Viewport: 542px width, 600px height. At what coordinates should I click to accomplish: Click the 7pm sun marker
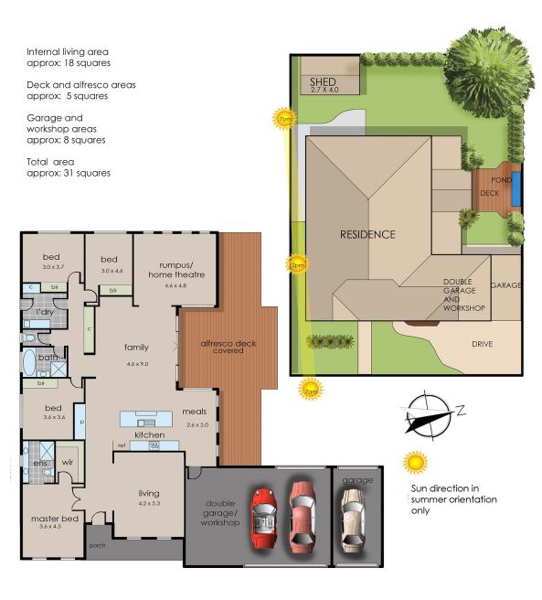286,119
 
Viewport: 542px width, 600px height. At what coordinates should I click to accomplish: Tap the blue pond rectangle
518,187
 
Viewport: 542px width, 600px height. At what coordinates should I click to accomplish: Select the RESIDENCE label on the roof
368,234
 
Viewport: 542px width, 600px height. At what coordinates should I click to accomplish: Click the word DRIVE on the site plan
483,345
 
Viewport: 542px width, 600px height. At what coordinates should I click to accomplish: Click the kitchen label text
149,435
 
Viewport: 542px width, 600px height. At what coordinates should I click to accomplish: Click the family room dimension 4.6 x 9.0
137,364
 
